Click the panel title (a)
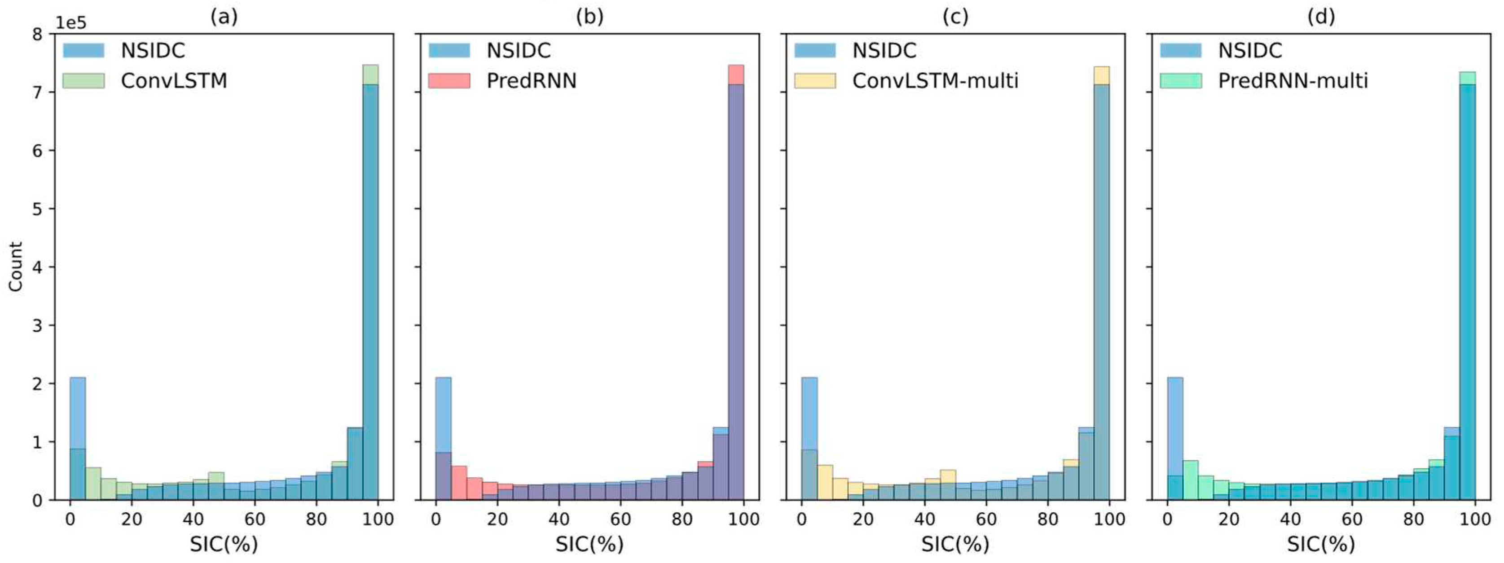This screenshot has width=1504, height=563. [224, 17]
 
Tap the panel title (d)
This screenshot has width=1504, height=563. [1321, 17]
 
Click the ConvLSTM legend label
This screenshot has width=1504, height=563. [174, 80]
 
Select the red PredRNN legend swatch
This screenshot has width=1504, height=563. [449, 80]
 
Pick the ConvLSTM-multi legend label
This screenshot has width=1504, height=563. [935, 80]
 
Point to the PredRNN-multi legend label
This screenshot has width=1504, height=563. [1293, 80]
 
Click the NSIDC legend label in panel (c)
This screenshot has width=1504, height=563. [884, 51]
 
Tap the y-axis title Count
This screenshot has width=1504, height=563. [16, 266]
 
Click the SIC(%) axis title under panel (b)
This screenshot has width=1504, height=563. [589, 544]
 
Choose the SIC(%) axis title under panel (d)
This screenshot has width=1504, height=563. [1321, 544]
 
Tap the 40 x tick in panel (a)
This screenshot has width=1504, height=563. [193, 519]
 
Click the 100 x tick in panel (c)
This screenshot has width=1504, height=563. [1109, 519]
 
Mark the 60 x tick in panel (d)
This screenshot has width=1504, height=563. [1352, 519]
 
